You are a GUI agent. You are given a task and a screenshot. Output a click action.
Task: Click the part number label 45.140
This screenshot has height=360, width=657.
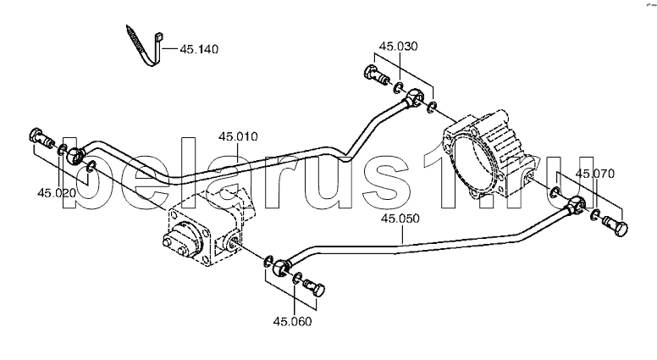tap(199, 49)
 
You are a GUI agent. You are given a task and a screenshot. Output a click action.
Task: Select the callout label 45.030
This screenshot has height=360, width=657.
tap(398, 46)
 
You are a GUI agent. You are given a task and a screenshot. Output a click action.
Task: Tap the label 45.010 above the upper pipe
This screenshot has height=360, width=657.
tap(238, 136)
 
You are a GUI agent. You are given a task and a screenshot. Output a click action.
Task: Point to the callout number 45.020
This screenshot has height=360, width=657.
tap(57, 193)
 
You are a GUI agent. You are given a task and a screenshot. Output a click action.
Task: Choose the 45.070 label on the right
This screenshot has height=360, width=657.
tap(595, 174)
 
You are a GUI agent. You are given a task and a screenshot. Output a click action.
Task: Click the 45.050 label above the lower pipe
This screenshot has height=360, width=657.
tap(400, 219)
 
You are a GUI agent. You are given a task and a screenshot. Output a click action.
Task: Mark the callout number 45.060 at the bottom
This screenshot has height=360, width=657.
tap(292, 321)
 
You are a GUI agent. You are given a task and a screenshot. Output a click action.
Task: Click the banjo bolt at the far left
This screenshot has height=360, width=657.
tap(41, 138)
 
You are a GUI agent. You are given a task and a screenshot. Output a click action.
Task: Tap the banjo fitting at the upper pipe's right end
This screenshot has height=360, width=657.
tap(414, 97)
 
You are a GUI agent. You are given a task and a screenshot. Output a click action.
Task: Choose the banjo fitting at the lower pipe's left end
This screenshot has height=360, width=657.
tap(280, 268)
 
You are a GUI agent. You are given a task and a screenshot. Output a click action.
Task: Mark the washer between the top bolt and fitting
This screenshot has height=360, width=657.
tap(397, 87)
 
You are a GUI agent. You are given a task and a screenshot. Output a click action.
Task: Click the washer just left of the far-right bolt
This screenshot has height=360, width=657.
tap(594, 215)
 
